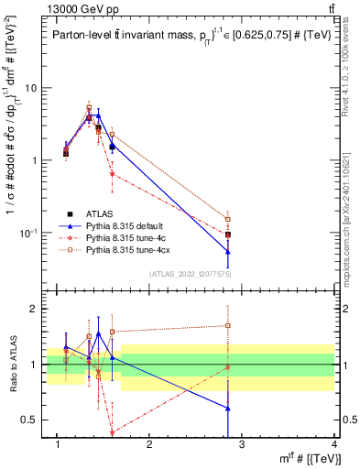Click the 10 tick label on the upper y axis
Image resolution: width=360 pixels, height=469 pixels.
pyautogui.click(x=30, y=89)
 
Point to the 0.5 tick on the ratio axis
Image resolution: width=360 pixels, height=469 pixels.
pyautogui.click(x=27, y=420)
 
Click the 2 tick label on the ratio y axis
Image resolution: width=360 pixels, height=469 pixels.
pyautogui.click(x=32, y=309)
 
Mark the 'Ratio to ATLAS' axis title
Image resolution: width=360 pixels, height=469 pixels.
pyautogui.click(x=12, y=364)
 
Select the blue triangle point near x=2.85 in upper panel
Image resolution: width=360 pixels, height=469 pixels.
pyautogui.click(x=227, y=251)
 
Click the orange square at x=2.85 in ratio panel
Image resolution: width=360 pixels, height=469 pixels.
pyautogui.click(x=227, y=325)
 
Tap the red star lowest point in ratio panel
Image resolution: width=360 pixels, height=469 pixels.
pyautogui.click(x=112, y=432)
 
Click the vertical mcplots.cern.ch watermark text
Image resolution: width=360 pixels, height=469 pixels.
pyautogui.click(x=351, y=183)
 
